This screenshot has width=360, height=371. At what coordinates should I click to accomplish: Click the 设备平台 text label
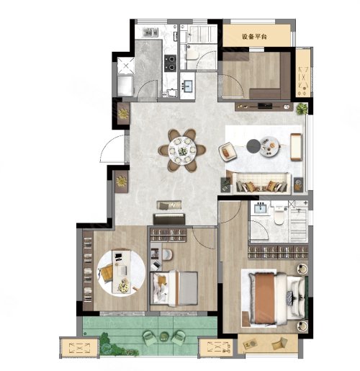pyautogui.click(x=254, y=37)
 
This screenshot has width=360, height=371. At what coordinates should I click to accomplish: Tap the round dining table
pyautogui.click(x=182, y=151)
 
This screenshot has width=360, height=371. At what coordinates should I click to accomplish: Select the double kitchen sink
pyautogui.click(x=150, y=32)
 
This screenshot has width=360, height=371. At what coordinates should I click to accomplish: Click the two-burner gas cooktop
pyautogui.click(x=170, y=63)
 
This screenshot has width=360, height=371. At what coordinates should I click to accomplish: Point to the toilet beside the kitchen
pyautogui.click(x=192, y=55)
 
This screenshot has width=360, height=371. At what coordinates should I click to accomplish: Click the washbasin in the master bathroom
pyautogui.click(x=261, y=207)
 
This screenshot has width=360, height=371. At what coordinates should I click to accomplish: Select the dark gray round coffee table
pyautogui.click(x=253, y=146)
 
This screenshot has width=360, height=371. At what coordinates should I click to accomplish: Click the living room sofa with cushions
pyautogui.click(x=261, y=182)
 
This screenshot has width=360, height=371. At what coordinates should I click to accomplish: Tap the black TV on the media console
pyautogui.click(x=265, y=106)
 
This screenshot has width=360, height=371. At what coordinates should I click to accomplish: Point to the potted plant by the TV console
pyautogui.click(x=302, y=109)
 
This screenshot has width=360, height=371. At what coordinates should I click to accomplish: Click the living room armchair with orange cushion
pyautogui.click(x=228, y=151)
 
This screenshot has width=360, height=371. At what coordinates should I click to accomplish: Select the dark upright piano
pyautogui.click(x=169, y=219)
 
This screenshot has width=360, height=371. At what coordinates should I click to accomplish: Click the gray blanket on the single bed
pyautogui.click(x=189, y=289)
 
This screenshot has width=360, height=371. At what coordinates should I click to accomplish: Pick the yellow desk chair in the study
pyautogui.click(x=106, y=274)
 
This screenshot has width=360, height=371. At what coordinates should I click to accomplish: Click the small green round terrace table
pyautogui.click(x=164, y=336)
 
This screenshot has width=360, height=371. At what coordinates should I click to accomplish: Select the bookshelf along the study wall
pyautogui.click(x=88, y=270)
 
